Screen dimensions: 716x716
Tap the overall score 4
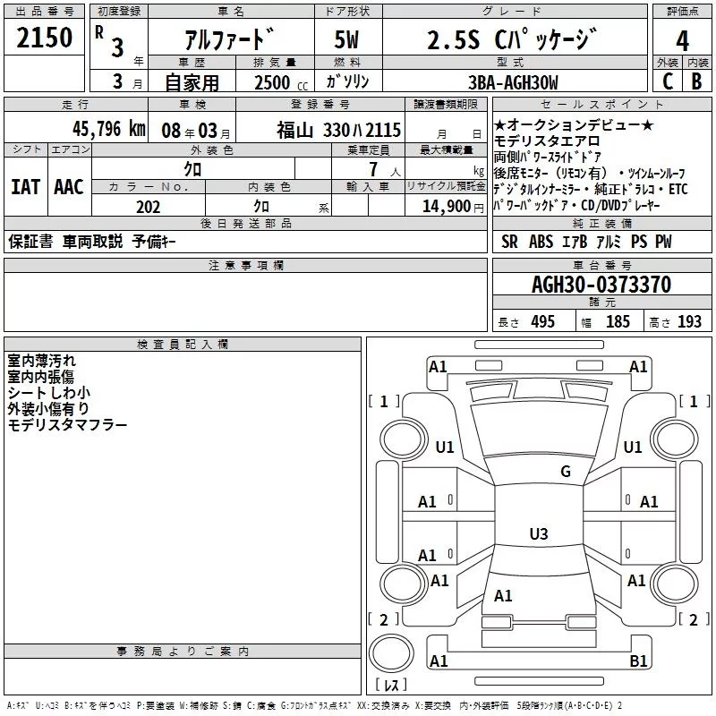click(683, 40)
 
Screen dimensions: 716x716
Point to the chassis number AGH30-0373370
click(601, 285)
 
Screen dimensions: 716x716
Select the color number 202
click(148, 207)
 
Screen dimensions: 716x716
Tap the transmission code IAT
click(26, 187)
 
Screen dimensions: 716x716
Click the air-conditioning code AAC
click(68, 187)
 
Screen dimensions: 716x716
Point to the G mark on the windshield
click(565, 472)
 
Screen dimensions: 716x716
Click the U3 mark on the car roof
click(538, 534)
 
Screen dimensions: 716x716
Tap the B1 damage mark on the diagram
click(638, 661)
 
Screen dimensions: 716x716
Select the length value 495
click(542, 322)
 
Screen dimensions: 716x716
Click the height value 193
click(689, 322)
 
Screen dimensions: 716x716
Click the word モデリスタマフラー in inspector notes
click(67, 425)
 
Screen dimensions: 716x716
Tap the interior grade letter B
click(696, 82)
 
